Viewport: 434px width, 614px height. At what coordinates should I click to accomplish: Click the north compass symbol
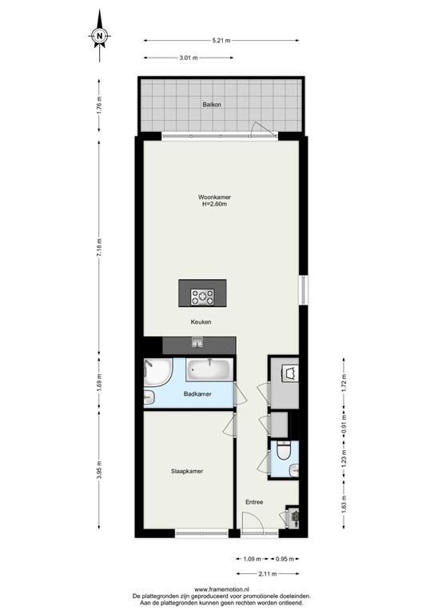(x=98, y=35)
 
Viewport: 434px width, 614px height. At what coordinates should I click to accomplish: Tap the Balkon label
(x=212, y=105)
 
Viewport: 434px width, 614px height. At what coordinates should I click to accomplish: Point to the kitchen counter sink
(x=197, y=345)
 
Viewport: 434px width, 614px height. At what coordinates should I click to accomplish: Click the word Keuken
(x=201, y=322)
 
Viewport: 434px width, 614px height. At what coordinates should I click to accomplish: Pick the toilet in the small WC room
(x=281, y=456)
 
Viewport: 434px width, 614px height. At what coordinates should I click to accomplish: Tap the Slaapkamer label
(x=186, y=471)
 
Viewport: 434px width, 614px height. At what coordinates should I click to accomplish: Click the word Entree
(x=254, y=501)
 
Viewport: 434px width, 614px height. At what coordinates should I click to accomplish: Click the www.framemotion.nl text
(x=217, y=588)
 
